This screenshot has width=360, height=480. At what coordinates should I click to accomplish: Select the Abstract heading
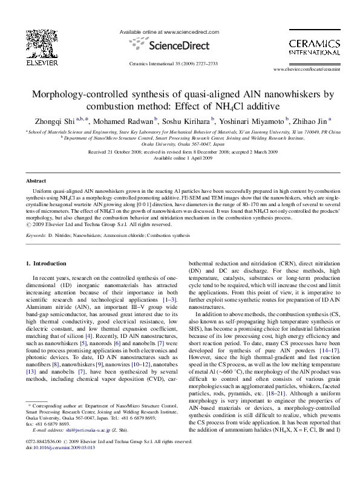37,181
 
